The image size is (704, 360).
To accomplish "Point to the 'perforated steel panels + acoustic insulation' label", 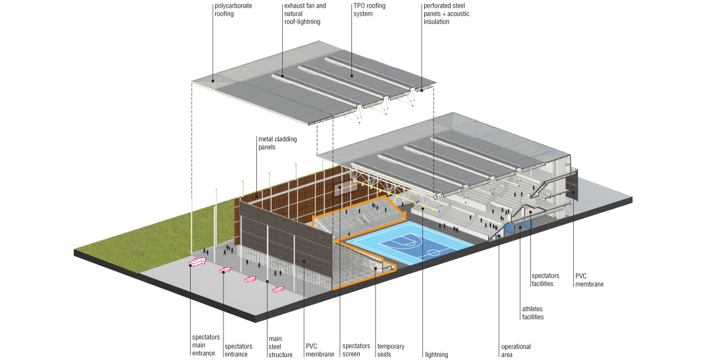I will pos(446,13).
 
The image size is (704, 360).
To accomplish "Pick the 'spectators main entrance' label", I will pos(205,345).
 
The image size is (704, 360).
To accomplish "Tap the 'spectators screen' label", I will pos(356,350).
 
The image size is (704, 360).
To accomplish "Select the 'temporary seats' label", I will pos(390,350).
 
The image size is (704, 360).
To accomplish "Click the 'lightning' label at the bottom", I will pos(435,354).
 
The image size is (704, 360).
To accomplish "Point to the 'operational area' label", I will pos(516,350).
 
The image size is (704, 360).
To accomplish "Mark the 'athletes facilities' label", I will pos(533,313).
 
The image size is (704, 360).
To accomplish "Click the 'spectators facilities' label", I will pos(546,279).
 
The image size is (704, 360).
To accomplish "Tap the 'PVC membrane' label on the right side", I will pos(589,280).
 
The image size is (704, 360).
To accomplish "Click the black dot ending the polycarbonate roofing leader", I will pos(214,81).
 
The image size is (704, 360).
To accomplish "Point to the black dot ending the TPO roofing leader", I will pos(351,74).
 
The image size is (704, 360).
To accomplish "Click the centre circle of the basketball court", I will pos(434,252).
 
